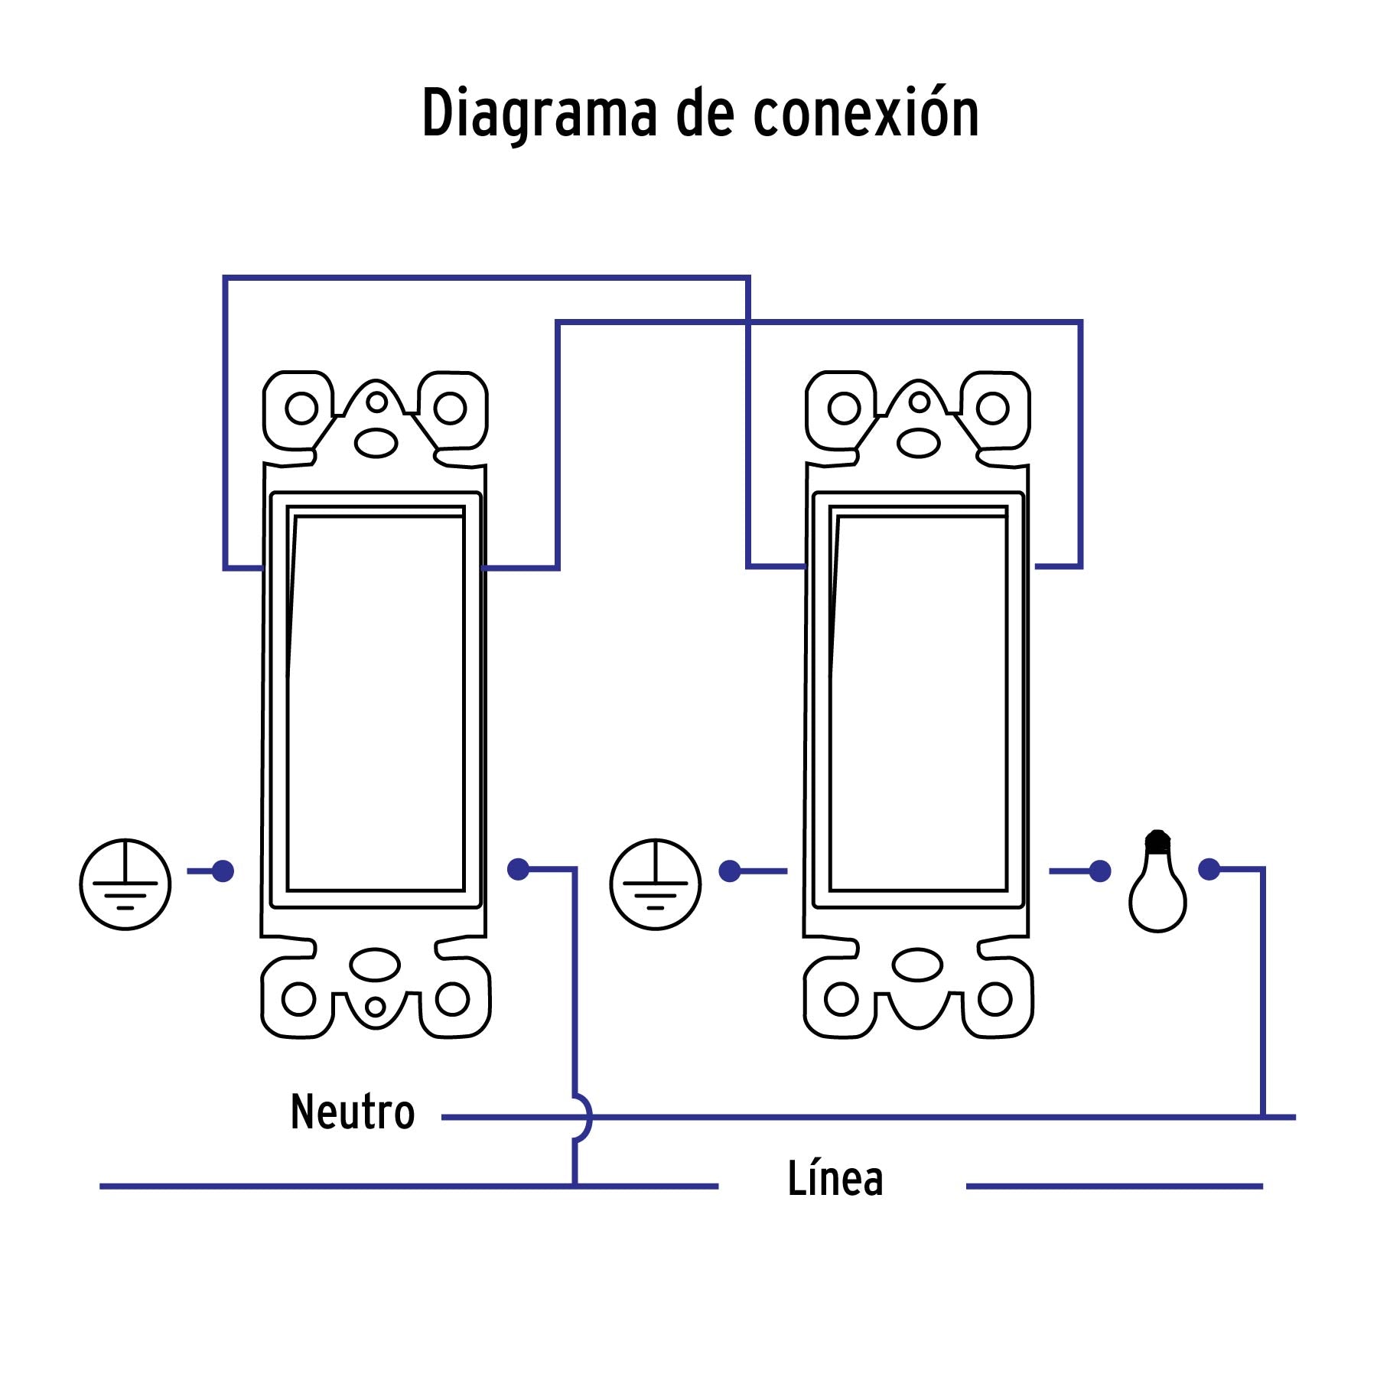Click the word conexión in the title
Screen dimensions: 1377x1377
point(866,113)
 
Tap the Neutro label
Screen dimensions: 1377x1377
point(353,1112)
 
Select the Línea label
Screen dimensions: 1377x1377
point(835,1179)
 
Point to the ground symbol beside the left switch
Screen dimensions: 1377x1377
point(125,884)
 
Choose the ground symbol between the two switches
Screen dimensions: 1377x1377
point(656,884)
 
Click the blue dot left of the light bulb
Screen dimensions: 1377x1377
point(1100,871)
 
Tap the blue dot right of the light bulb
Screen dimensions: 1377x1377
point(1209,870)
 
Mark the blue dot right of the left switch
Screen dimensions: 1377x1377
point(519,869)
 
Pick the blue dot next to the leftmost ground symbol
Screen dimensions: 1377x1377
point(223,871)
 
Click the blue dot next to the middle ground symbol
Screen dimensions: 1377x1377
point(730,871)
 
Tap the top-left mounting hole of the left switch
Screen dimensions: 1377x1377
point(301,408)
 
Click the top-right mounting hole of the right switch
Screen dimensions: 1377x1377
point(993,408)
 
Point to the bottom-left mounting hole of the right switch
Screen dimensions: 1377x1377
point(841,999)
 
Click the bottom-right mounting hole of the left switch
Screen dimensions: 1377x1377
point(452,999)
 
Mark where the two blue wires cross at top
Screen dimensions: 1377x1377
point(748,323)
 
